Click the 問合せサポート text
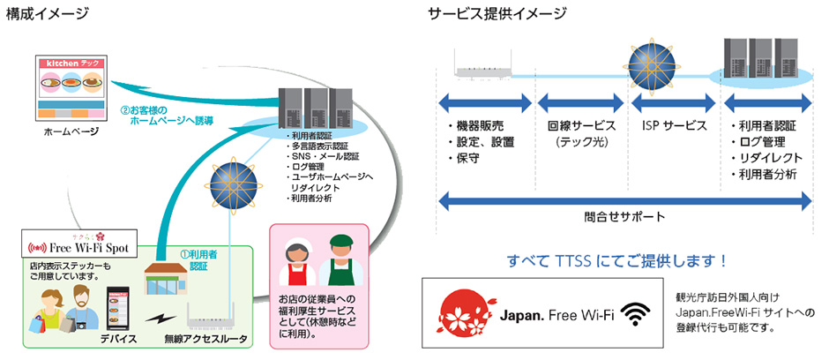tap(624, 215)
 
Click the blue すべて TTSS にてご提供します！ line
tap(617, 260)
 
